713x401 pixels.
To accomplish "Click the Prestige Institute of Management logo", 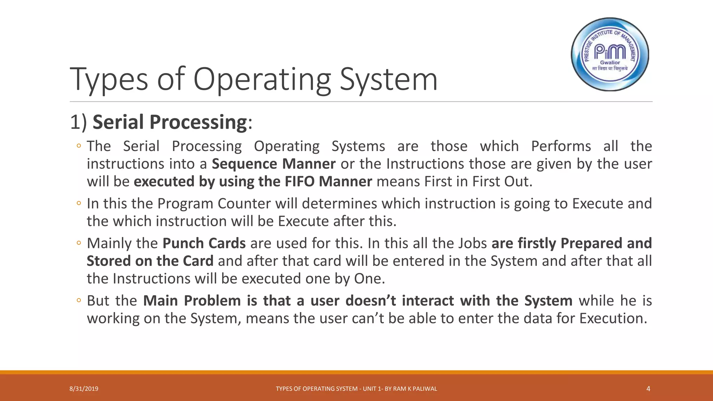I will click(610, 54).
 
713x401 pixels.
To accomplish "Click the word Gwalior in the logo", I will click(610, 63).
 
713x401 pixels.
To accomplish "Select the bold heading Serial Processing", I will click(170, 122).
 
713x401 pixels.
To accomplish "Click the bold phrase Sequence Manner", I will click(274, 164).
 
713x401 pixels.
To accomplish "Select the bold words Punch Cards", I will click(204, 243).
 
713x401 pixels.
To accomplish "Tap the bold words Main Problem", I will click(192, 301).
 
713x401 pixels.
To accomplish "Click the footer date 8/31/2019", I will click(84, 389).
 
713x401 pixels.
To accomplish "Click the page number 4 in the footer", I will click(648, 389).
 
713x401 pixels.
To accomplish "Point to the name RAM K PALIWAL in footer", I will click(415, 389).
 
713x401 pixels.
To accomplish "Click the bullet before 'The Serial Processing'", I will click(79, 146).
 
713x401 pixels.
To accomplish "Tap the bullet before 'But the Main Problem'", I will click(79, 300).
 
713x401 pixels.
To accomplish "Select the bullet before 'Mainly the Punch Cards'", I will click(79, 243).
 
